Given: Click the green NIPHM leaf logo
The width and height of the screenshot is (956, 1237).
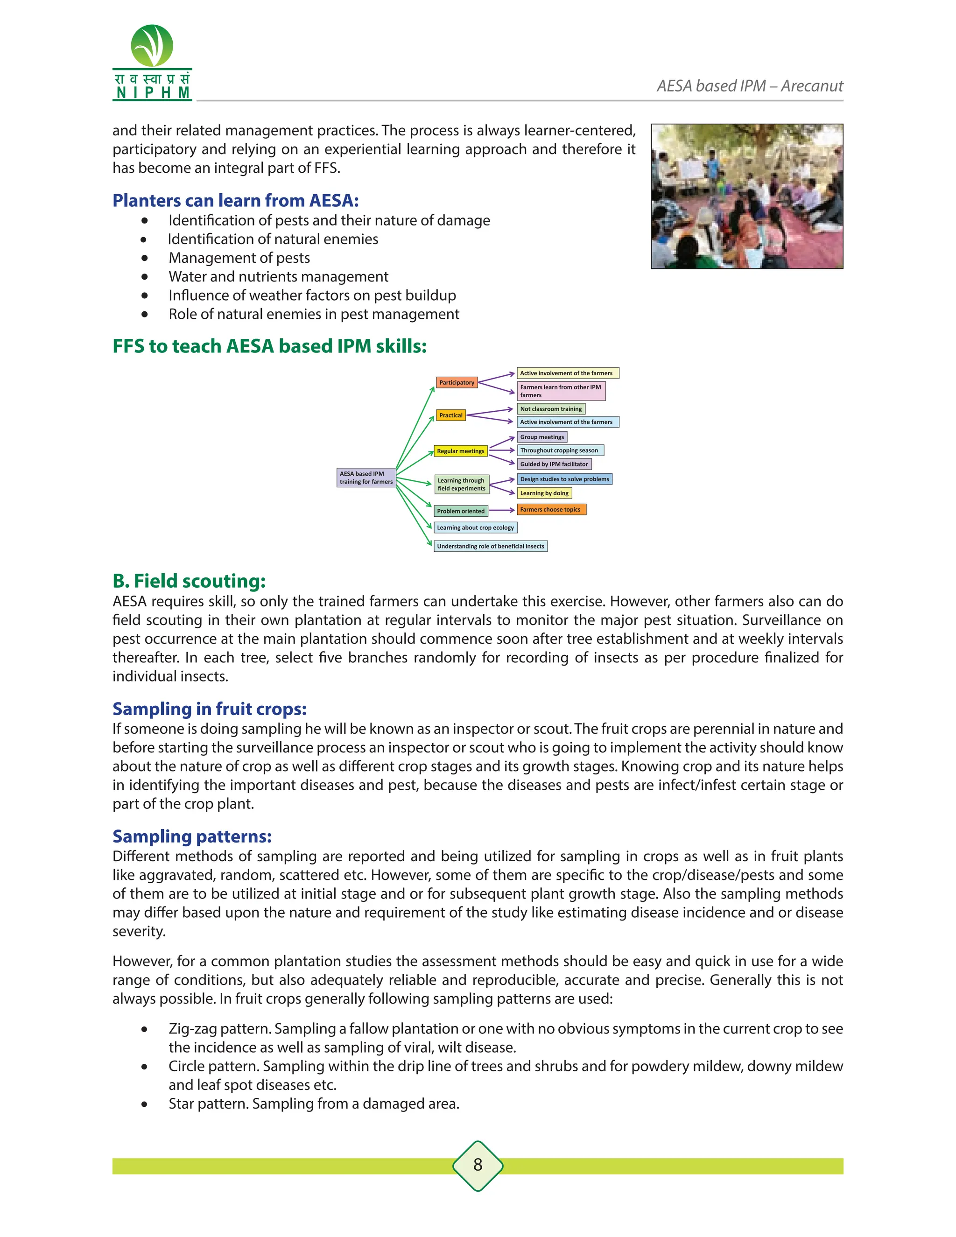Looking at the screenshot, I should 152,46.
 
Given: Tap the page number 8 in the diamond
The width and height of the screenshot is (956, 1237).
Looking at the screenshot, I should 478,1165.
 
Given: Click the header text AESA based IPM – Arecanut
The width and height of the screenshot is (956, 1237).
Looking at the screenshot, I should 749,86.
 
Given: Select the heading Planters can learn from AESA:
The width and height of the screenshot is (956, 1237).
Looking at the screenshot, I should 236,201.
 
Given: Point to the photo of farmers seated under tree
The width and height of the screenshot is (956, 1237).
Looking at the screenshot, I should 746,196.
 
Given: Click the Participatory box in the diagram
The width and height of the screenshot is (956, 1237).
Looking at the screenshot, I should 457,382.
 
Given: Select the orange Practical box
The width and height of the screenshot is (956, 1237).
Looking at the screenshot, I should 450,415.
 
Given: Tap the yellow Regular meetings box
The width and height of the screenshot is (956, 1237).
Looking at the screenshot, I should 460,451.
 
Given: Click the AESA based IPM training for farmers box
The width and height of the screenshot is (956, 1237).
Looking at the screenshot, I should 366,478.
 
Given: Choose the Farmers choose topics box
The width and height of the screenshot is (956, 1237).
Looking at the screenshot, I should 550,509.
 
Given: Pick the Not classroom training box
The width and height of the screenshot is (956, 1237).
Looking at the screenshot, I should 550,408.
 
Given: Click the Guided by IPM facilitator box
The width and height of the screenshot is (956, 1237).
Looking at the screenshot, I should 554,464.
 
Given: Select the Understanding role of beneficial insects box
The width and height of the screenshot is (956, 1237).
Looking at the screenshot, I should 491,546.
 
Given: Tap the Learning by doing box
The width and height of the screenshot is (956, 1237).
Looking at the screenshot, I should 544,493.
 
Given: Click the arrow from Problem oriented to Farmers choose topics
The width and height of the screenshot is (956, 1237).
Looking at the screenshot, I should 502,510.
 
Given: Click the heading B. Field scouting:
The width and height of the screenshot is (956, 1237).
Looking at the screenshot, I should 189,581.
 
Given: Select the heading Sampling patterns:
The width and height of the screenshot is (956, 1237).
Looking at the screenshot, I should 192,836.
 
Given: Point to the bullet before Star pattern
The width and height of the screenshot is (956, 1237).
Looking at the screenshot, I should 145,1104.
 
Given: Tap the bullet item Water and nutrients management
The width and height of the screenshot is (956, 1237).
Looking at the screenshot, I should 278,276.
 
